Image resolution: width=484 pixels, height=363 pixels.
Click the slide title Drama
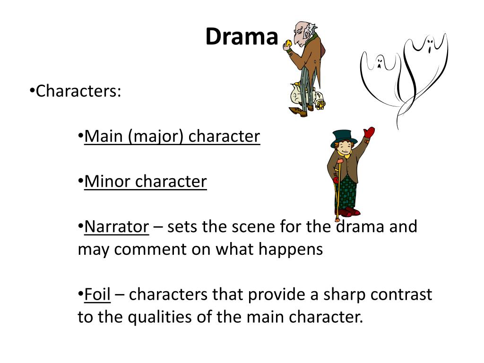pyautogui.click(x=242, y=37)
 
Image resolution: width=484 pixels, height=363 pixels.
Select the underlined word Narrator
pyautogui.click(x=116, y=227)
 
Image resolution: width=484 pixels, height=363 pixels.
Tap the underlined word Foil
pyautogui.click(x=97, y=294)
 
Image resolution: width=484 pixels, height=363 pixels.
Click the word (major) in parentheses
pyautogui.click(x=156, y=137)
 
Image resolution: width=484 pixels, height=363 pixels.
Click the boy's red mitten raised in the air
pyautogui.click(x=369, y=133)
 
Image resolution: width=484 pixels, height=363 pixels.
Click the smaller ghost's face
pyautogui.click(x=379, y=62)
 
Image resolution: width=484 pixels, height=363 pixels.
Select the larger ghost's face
pyautogui.click(x=429, y=46)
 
